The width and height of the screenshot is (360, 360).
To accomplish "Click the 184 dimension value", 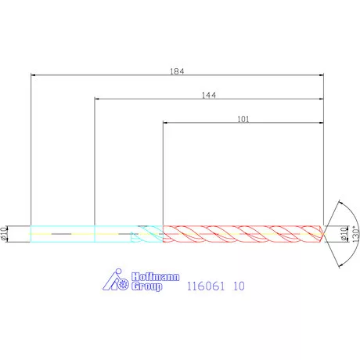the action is [177, 71].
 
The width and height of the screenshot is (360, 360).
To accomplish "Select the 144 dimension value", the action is [209, 95].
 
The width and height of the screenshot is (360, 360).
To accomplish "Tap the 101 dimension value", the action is [243, 119].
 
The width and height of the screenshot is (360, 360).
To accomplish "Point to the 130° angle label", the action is [355, 234].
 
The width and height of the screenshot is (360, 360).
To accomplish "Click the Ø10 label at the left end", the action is [3, 233].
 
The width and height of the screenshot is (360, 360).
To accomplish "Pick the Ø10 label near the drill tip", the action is [344, 233].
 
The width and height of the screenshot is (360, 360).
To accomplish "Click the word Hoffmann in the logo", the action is [156, 277].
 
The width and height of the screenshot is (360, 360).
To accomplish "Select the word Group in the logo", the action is [146, 286].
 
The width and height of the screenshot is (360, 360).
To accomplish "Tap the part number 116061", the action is [206, 286].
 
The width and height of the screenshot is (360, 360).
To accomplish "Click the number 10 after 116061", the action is [239, 286].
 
